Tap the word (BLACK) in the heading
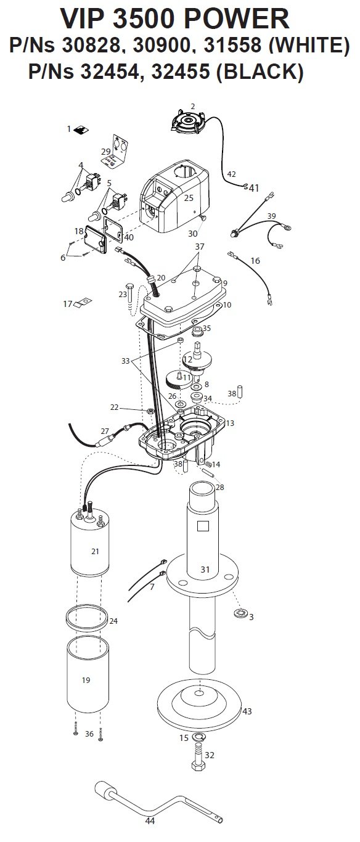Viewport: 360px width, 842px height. point(260,72)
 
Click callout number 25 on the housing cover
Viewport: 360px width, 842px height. point(189,198)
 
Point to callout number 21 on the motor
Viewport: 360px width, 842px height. point(95,551)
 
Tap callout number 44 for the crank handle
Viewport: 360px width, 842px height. point(150,831)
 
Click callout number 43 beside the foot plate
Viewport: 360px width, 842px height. point(247,711)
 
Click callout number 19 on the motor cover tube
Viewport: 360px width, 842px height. point(86,680)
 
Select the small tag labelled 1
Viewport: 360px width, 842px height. point(81,130)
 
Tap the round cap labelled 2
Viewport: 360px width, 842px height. point(188,122)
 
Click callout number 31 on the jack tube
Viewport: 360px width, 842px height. point(205,569)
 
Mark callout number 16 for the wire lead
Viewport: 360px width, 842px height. point(255,261)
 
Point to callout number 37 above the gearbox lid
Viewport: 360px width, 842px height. point(200,246)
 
